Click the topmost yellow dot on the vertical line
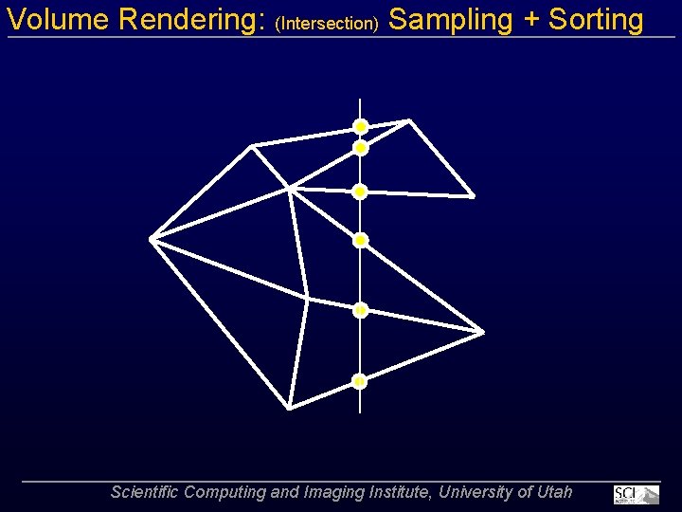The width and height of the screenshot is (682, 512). tap(361, 126)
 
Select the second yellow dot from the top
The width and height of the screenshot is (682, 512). tap(361, 148)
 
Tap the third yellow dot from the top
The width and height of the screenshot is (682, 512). tap(360, 192)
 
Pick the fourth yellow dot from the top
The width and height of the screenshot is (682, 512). tap(360, 240)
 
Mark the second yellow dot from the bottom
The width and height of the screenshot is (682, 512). tap(361, 310)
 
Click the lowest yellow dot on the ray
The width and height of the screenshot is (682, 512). tap(360, 381)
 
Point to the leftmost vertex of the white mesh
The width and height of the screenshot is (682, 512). tap(152, 238)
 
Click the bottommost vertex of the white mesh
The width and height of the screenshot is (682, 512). tap(289, 408)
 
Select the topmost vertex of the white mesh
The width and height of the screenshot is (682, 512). tap(409, 120)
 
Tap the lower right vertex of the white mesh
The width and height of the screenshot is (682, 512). tap(483, 332)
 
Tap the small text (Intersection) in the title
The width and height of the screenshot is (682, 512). tap(327, 23)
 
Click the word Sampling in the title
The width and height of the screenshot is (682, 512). tap(451, 20)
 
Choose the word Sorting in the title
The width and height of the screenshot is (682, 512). tap(597, 20)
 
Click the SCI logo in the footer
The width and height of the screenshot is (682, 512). tap(636, 494)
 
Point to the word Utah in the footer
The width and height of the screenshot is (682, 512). tap(555, 492)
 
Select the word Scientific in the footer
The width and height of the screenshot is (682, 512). tap(145, 492)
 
